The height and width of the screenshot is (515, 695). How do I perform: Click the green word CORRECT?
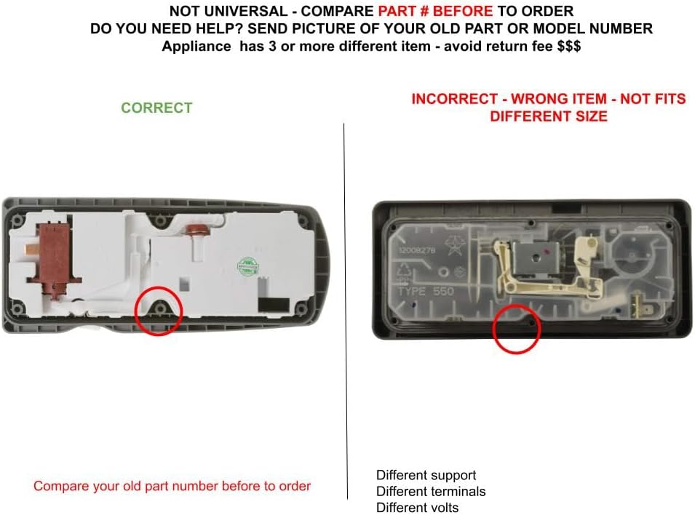(x=156, y=108)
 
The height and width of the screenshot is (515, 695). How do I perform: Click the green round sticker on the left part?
(x=249, y=265)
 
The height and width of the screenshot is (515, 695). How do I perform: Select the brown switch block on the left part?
(x=53, y=257)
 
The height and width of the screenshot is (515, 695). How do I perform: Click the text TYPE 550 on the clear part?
(x=425, y=292)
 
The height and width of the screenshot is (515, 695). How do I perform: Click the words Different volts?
(x=417, y=508)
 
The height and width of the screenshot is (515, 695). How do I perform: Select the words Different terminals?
(x=430, y=492)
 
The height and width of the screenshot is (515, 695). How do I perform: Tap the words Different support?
(x=426, y=476)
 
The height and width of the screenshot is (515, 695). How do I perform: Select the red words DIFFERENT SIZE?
(x=548, y=116)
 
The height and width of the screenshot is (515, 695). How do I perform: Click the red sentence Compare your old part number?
(x=172, y=486)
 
